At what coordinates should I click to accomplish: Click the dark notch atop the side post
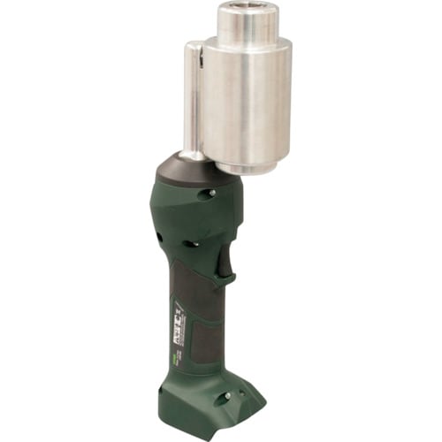[198, 55]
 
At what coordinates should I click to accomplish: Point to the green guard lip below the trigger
[228, 279]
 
